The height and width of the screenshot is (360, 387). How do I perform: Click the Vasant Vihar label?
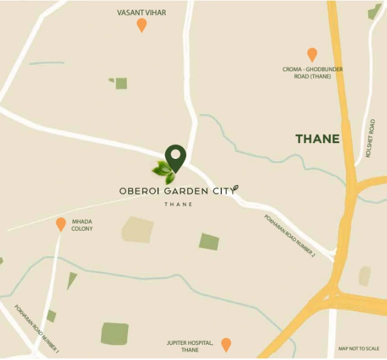tap(141, 12)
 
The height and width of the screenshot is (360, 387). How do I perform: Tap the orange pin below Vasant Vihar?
tap(141, 25)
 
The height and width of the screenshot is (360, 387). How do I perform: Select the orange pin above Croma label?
tap(312, 54)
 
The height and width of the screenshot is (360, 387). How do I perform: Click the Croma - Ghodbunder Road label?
tap(313, 72)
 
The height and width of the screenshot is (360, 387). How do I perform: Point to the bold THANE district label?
tap(317, 139)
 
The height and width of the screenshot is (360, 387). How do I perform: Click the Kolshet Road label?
tap(370, 138)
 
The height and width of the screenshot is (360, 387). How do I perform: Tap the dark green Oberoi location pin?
tap(175, 158)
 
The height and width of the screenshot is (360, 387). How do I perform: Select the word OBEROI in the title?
tap(139, 191)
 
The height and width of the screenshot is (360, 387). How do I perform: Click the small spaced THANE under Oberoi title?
tap(178, 204)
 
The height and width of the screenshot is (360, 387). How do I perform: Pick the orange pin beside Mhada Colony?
tap(61, 224)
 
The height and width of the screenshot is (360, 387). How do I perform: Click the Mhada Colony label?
tap(82, 225)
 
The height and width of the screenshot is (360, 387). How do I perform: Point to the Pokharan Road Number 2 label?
tap(290, 236)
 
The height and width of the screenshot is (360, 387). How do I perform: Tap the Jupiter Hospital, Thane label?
tap(190, 346)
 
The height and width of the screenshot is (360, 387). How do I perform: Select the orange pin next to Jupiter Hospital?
tap(226, 344)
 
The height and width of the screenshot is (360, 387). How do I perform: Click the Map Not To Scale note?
tap(359, 349)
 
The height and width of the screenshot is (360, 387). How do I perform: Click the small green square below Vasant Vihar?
tap(121, 83)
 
